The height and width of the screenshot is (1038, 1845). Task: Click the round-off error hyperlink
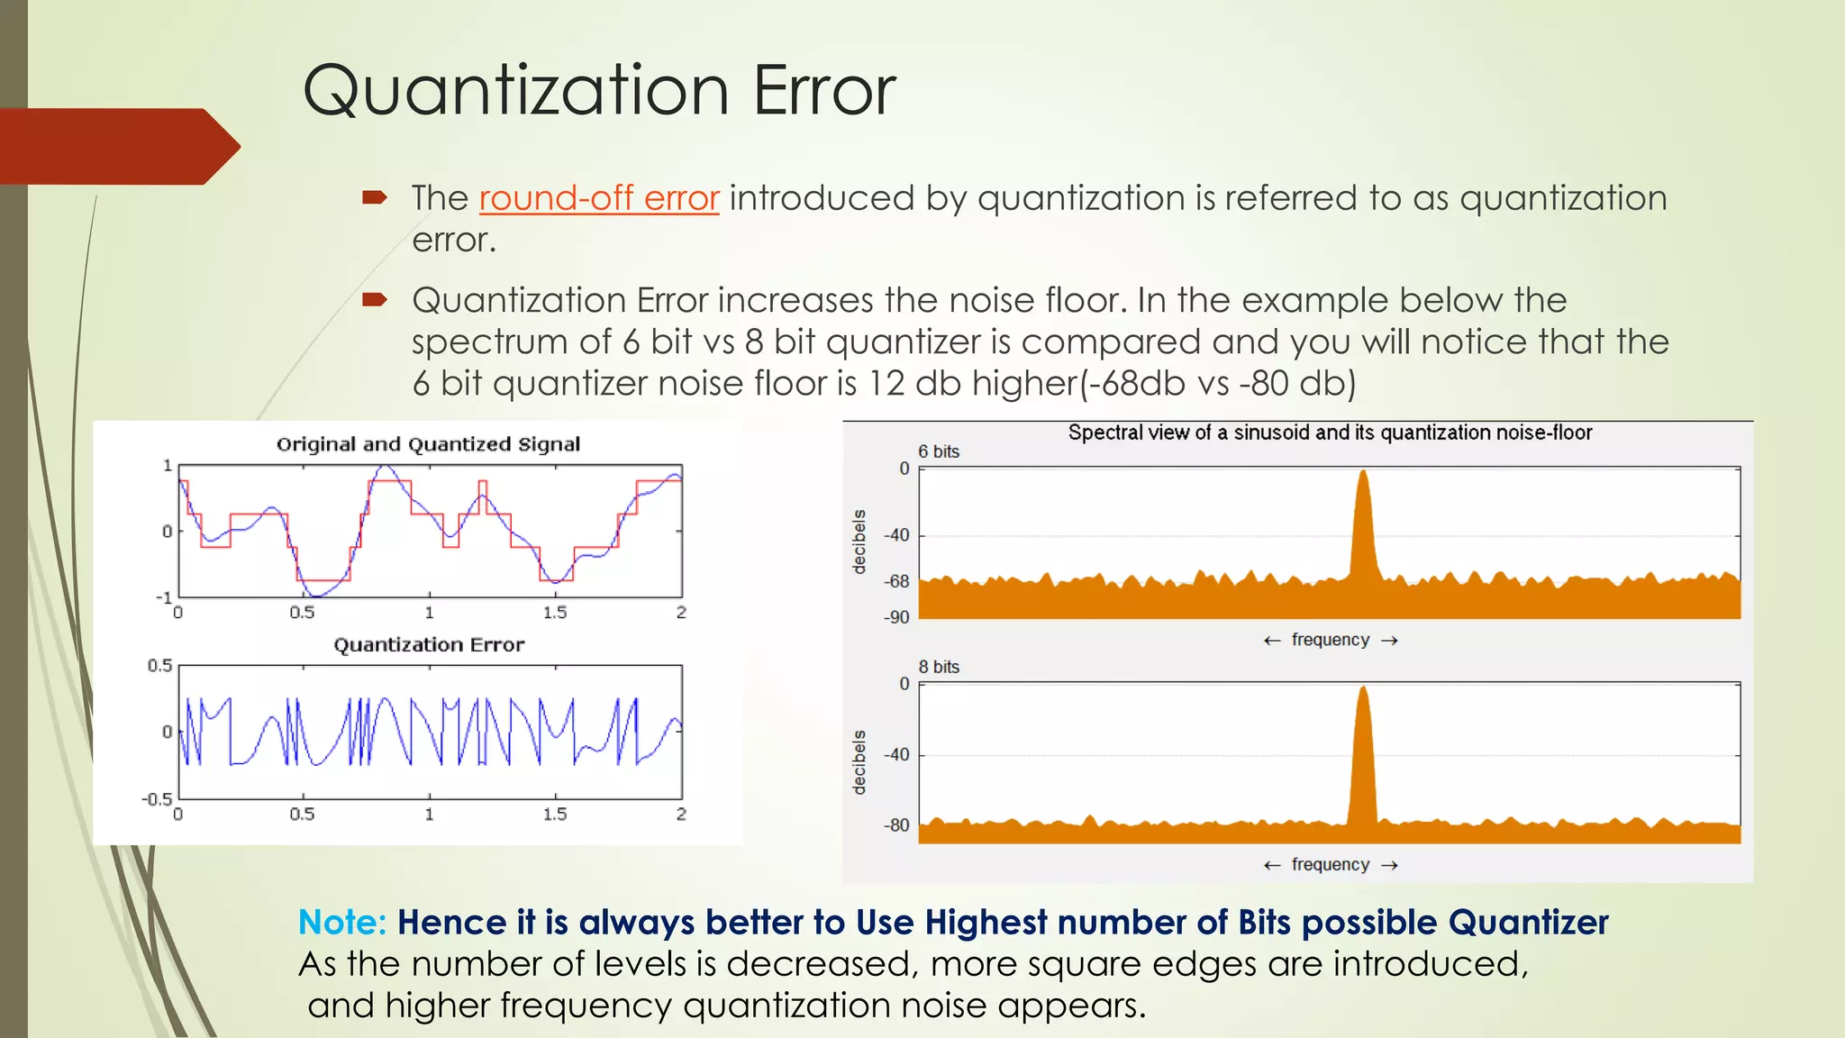[x=598, y=198]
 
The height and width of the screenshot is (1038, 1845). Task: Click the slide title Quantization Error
[x=599, y=90]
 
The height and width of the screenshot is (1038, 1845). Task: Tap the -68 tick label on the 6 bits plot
[x=896, y=582]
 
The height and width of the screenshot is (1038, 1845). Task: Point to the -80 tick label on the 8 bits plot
[x=896, y=825]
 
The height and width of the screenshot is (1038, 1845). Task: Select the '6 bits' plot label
[x=939, y=451]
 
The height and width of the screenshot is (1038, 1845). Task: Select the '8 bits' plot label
[x=939, y=667]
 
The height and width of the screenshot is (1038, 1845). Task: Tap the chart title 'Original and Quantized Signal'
[x=428, y=444]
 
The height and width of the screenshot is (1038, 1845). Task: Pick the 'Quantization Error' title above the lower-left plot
[x=429, y=645]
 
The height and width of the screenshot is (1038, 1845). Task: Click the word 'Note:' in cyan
[x=342, y=923]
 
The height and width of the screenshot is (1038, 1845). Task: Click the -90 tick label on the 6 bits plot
[x=896, y=618]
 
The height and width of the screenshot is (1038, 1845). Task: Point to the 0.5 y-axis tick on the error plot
[x=159, y=666]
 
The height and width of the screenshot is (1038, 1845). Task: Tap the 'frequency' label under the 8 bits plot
[x=1330, y=865]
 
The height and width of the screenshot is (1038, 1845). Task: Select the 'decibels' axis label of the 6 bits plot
[x=859, y=542]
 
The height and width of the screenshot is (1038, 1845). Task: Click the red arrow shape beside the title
[x=117, y=146]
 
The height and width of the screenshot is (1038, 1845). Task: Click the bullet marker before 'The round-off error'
[x=374, y=197]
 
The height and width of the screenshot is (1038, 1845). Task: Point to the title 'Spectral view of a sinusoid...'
[x=1330, y=432]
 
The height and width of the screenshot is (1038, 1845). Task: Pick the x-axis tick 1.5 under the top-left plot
[x=555, y=613]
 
